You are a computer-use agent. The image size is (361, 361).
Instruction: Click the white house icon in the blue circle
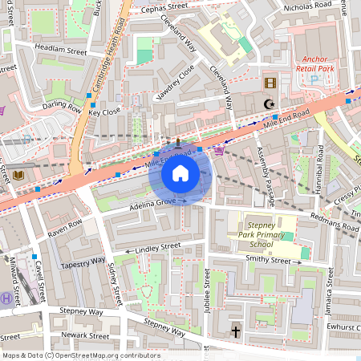[180, 173]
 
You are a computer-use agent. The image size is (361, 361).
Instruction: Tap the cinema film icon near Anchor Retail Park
[270, 83]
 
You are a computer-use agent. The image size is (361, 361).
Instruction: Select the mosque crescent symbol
[270, 103]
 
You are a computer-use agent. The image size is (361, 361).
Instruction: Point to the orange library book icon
[18, 173]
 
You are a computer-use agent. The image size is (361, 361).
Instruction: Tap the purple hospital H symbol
[7, 298]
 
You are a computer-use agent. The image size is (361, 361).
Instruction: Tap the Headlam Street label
[60, 49]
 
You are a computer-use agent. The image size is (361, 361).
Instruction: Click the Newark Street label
[87, 336]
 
